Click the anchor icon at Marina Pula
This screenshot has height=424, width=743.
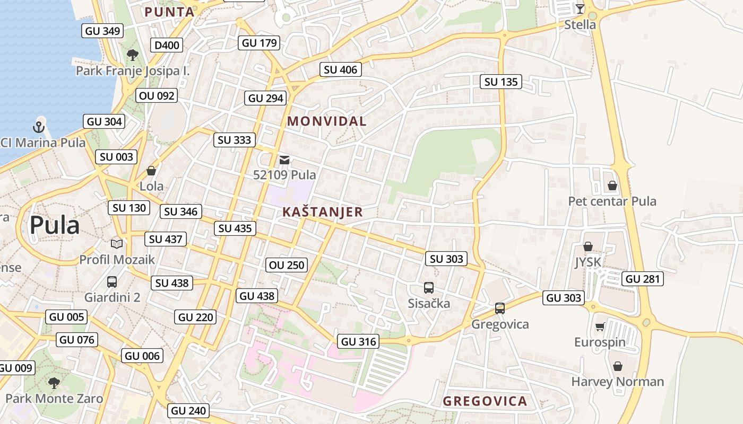(38, 127)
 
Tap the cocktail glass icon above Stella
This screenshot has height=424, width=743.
(580, 8)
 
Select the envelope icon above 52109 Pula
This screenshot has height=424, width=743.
(284, 160)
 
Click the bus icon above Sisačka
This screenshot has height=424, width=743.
(429, 288)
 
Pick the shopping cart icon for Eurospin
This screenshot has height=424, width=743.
(600, 326)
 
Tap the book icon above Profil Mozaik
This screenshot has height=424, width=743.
(117, 244)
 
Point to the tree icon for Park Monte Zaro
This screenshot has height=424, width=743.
(54, 383)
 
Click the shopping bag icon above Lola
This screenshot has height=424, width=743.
(151, 171)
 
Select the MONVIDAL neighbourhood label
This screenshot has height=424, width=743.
(327, 121)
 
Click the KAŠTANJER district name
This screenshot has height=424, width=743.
(323, 213)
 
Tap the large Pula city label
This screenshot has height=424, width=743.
(55, 225)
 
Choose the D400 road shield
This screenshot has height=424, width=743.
(167, 45)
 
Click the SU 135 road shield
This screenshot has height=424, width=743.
(501, 82)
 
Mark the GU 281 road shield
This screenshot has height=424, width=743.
(643, 279)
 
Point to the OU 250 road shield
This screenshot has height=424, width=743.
(287, 265)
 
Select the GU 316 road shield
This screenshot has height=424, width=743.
(359, 342)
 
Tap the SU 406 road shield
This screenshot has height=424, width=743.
(341, 69)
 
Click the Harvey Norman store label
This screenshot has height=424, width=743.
(617, 382)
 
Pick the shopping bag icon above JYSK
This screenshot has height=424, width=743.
(588, 247)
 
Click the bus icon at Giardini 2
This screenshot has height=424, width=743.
(112, 281)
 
